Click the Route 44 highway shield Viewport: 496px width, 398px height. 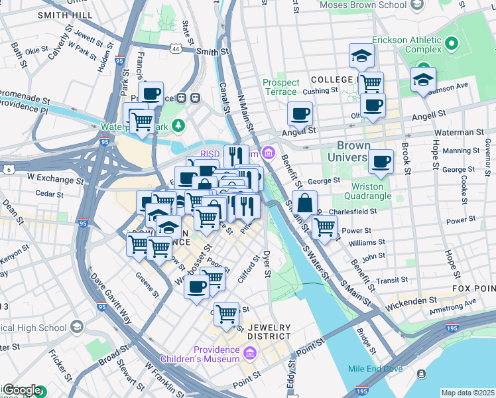pyautogui.click(x=175, y=49)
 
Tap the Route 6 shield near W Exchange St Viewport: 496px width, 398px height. pyautogui.click(x=7, y=170)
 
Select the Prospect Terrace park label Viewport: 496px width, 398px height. pyautogui.click(x=280, y=87)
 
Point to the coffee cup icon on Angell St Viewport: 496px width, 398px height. pyautogui.click(x=300, y=113)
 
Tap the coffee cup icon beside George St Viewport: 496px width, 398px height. pyautogui.click(x=381, y=161)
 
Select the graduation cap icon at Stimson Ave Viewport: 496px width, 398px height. pyautogui.click(x=422, y=80)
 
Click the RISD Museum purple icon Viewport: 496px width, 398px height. pyautogui.click(x=269, y=154)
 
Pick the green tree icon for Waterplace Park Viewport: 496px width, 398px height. pyautogui.click(x=178, y=125)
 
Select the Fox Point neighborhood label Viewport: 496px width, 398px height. pyautogui.click(x=473, y=289)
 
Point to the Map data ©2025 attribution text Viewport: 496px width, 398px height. pyautogui.click(x=467, y=393)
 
